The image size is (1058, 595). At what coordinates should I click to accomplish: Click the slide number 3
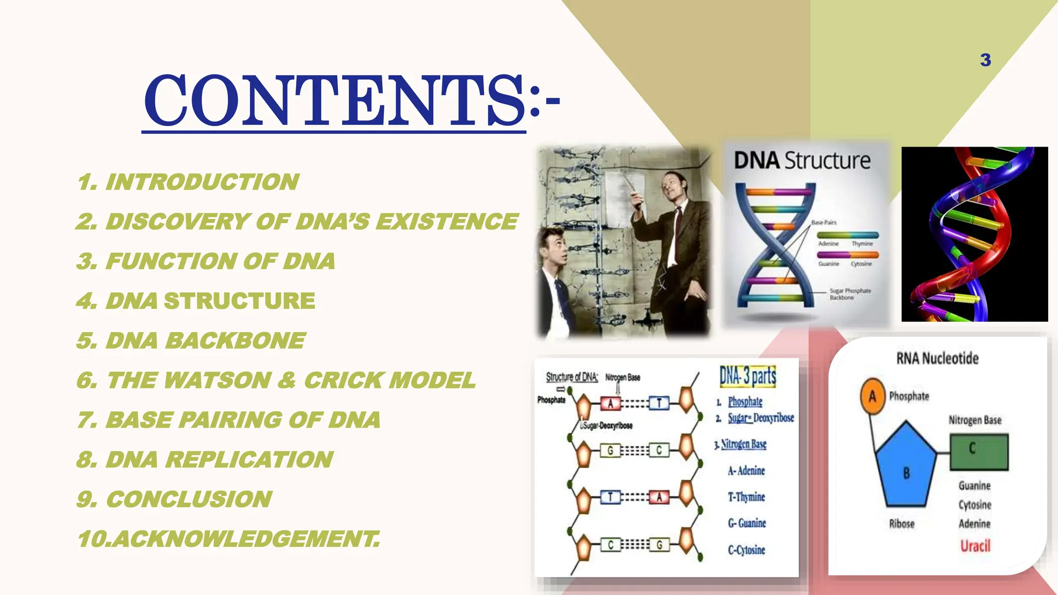click(x=985, y=60)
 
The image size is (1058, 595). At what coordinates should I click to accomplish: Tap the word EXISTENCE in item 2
click(x=447, y=222)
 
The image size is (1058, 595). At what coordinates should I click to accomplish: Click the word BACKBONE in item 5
click(x=235, y=341)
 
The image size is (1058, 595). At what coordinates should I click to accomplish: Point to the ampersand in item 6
click(x=287, y=381)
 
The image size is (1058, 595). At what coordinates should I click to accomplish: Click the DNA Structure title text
click(x=802, y=161)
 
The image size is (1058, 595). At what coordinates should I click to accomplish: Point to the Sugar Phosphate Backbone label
click(x=849, y=294)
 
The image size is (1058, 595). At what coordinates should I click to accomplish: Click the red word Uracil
click(x=975, y=545)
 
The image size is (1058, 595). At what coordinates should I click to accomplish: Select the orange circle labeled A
click(x=873, y=396)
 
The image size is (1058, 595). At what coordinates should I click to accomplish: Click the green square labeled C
click(x=978, y=451)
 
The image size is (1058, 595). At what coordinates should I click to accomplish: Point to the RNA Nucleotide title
click(x=937, y=358)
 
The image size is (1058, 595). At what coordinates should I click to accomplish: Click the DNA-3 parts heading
click(x=748, y=376)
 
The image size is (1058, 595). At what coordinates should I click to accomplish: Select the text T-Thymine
click(x=746, y=497)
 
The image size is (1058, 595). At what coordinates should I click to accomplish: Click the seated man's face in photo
click(x=556, y=251)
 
